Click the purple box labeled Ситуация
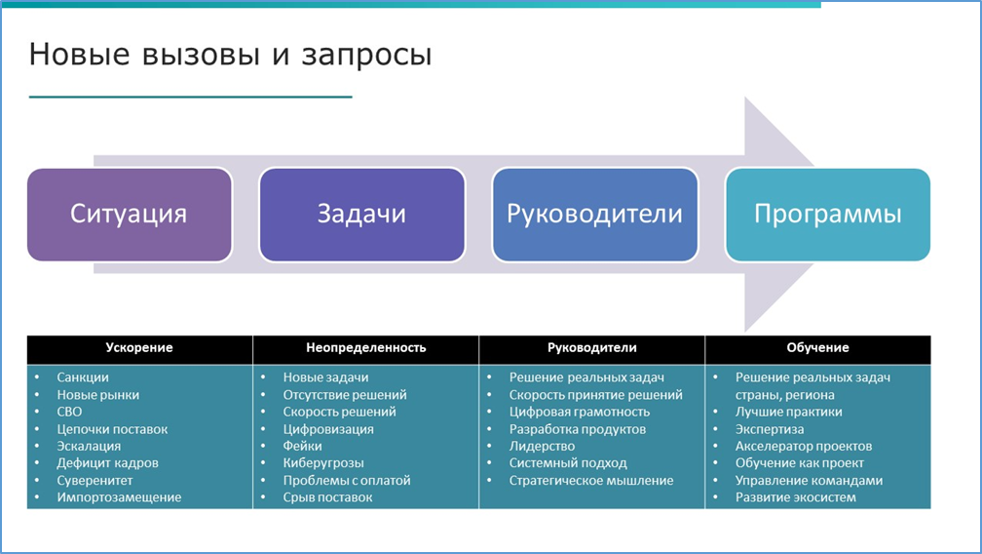[129, 215]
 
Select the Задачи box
[361, 215]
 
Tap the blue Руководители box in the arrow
[594, 215]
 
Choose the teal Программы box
[828, 215]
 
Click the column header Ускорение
[139, 348]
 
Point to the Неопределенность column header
[365, 348]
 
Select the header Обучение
[817, 348]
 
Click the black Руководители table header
[591, 348]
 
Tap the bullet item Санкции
[83, 377]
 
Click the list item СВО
[70, 412]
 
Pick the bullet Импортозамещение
[119, 497]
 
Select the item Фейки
[301, 446]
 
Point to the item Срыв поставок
[327, 497]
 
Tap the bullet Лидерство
[542, 446]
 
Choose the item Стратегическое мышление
[591, 480]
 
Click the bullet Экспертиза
[770, 429]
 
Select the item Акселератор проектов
[804, 446]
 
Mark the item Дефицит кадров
[107, 463]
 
